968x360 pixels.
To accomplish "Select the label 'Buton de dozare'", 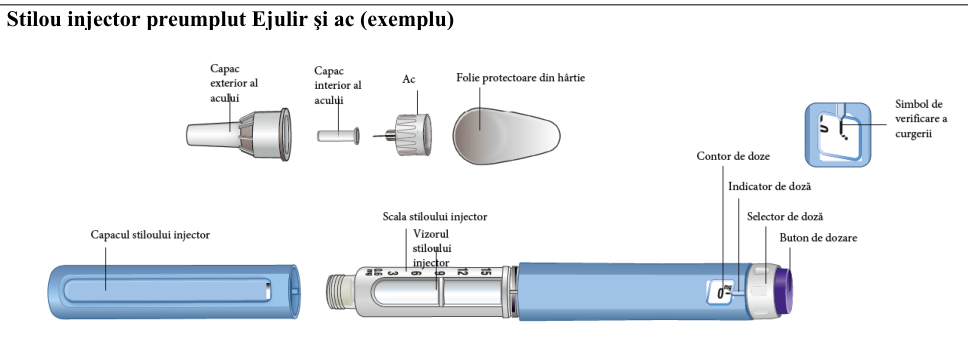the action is [818, 238].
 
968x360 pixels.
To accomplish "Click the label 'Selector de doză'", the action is [785, 217].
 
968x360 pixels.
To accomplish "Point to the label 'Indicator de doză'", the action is [770, 186].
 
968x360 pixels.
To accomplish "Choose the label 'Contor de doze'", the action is [733, 156].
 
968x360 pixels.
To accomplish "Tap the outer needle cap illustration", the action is [238, 134].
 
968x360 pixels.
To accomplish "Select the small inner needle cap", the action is [338, 135].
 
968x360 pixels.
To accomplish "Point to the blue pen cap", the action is [174, 291].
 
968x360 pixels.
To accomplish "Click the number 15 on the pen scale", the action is [485, 271].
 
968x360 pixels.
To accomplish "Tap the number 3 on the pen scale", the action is [394, 272].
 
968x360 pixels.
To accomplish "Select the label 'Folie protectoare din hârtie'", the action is [520, 78].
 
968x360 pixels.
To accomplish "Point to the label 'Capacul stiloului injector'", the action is [150, 235].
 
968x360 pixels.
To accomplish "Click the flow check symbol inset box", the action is [838, 135].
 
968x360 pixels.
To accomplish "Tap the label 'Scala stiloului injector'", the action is [435, 217].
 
